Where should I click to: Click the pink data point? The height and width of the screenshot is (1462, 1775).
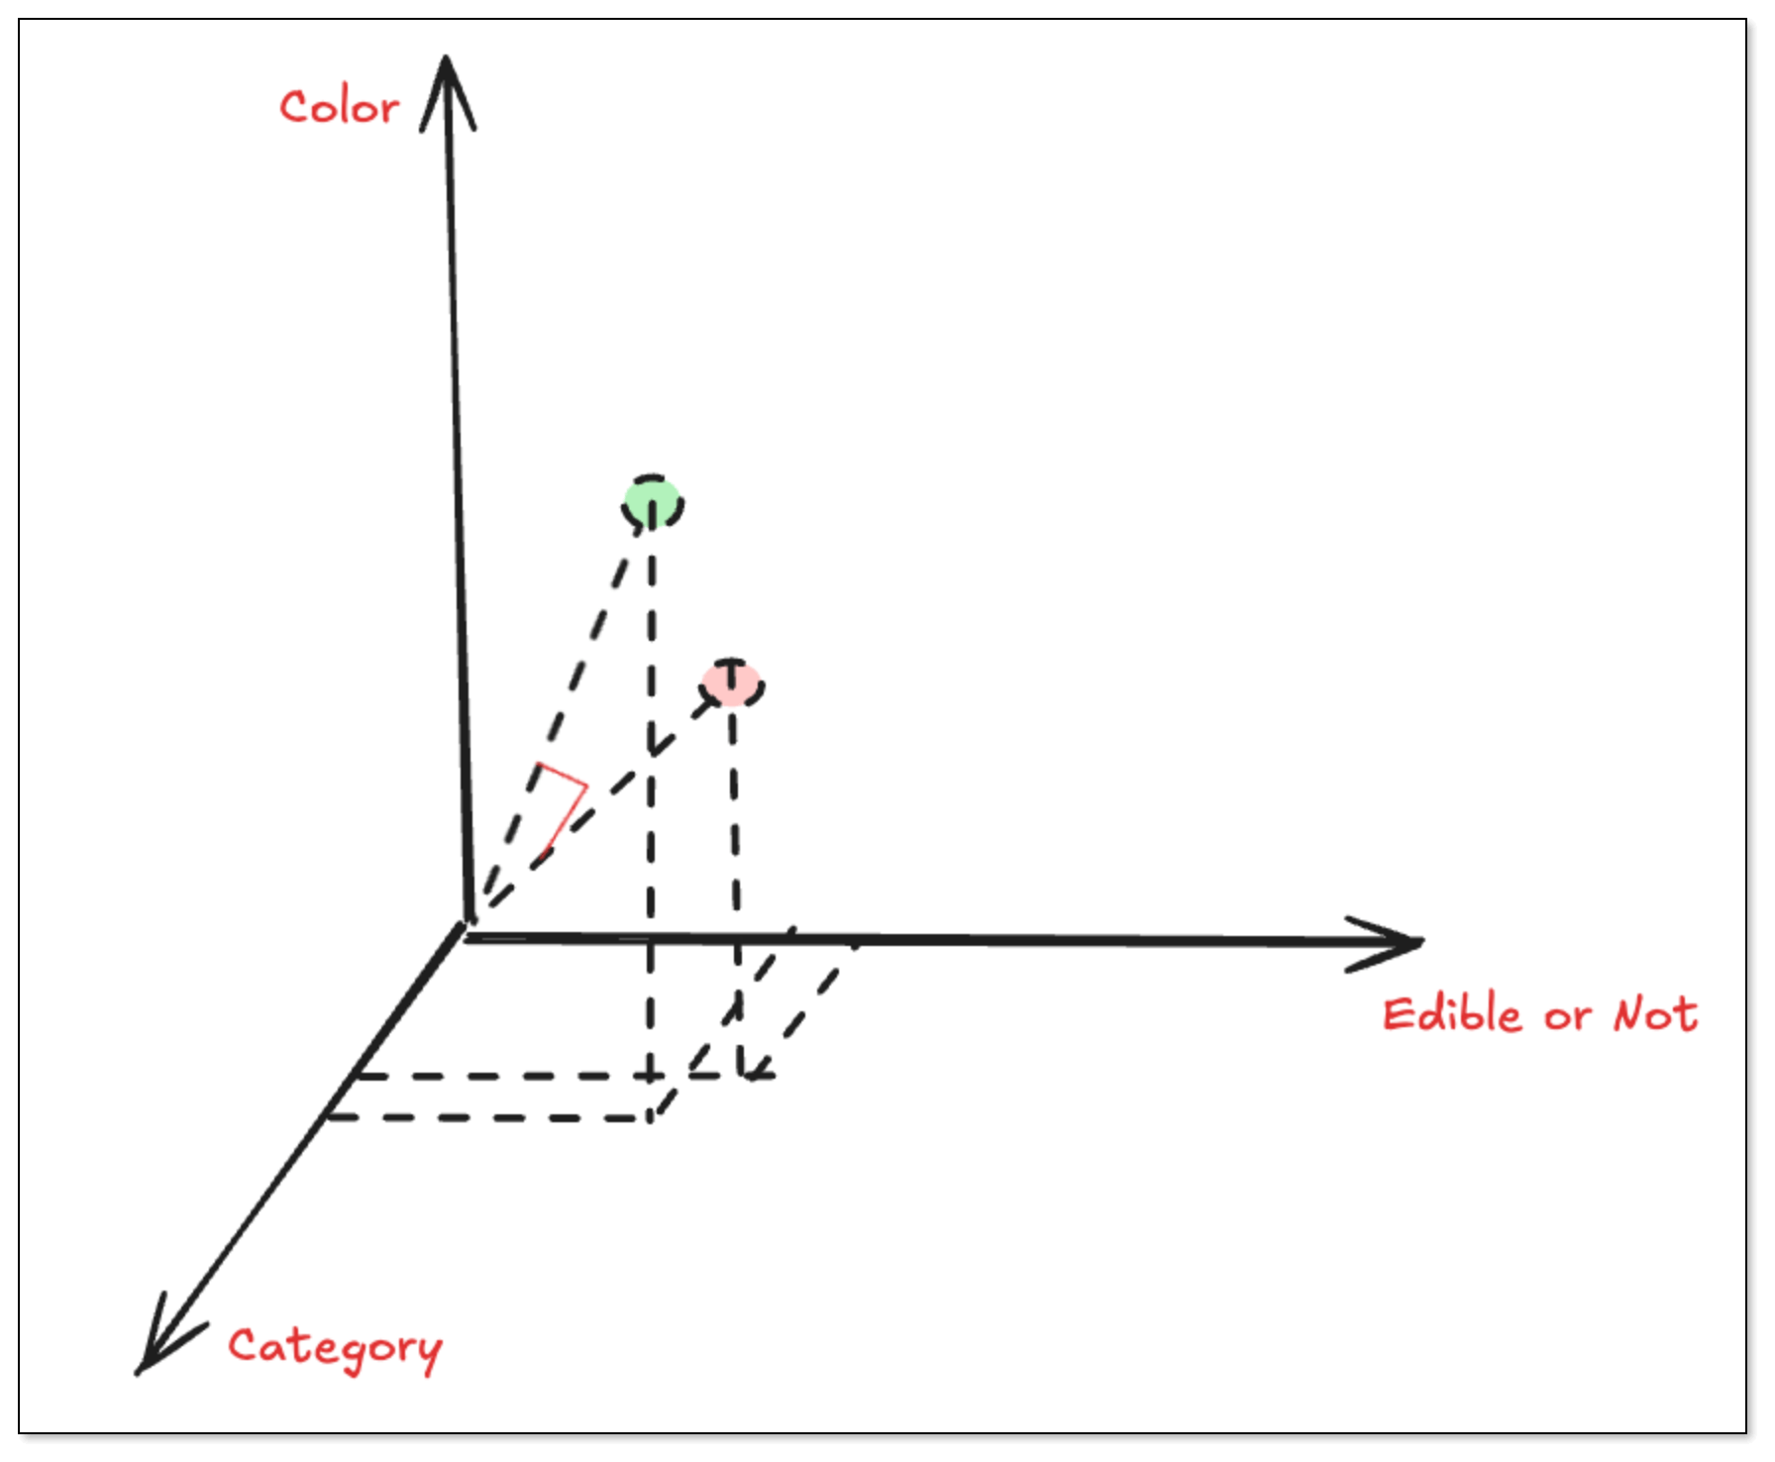coord(732,683)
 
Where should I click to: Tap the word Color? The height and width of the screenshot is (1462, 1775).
coord(340,107)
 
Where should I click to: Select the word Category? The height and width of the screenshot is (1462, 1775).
coord(335,1348)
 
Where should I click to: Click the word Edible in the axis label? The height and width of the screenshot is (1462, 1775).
coord(1451,1015)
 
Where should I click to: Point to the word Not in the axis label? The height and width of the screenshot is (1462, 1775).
coord(1655,1015)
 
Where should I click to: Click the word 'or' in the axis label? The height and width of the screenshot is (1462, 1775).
coord(1567,1018)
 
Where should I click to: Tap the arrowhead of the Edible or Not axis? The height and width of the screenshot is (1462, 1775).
coord(1392,942)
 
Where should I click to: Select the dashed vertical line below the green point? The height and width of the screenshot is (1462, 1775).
coord(651,792)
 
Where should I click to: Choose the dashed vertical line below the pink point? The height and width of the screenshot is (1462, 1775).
coord(735,872)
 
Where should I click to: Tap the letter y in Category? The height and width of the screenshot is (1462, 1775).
coord(429,1353)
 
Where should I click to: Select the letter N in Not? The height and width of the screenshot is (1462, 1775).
coord(1630,1015)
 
